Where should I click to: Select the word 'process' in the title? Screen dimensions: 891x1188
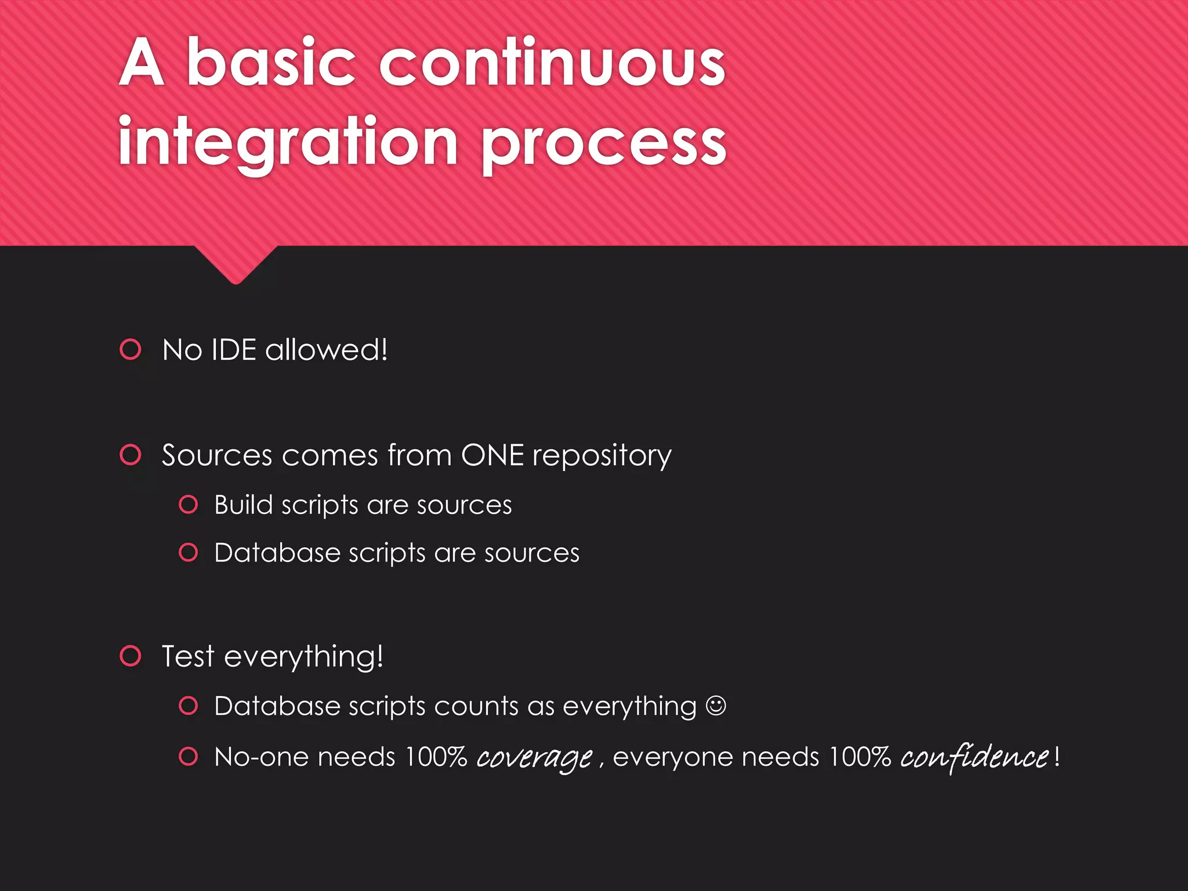pyautogui.click(x=604, y=145)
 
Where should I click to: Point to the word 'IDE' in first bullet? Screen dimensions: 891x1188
pyautogui.click(x=233, y=350)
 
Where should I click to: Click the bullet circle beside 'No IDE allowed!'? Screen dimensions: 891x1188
pyautogui.click(x=131, y=349)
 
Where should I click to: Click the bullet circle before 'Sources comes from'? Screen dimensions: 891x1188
pyautogui.click(x=131, y=454)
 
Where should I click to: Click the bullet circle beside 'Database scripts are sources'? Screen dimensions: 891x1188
pyautogui.click(x=189, y=552)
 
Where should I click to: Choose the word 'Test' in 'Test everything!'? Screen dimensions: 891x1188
pyautogui.click(x=188, y=656)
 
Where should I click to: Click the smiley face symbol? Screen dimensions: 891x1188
pyautogui.click(x=716, y=705)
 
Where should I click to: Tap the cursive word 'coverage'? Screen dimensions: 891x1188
pyautogui.click(x=534, y=758)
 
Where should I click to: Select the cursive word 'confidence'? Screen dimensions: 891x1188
pyautogui.click(x=974, y=757)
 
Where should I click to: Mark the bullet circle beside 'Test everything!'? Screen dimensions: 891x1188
pyautogui.click(x=131, y=655)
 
